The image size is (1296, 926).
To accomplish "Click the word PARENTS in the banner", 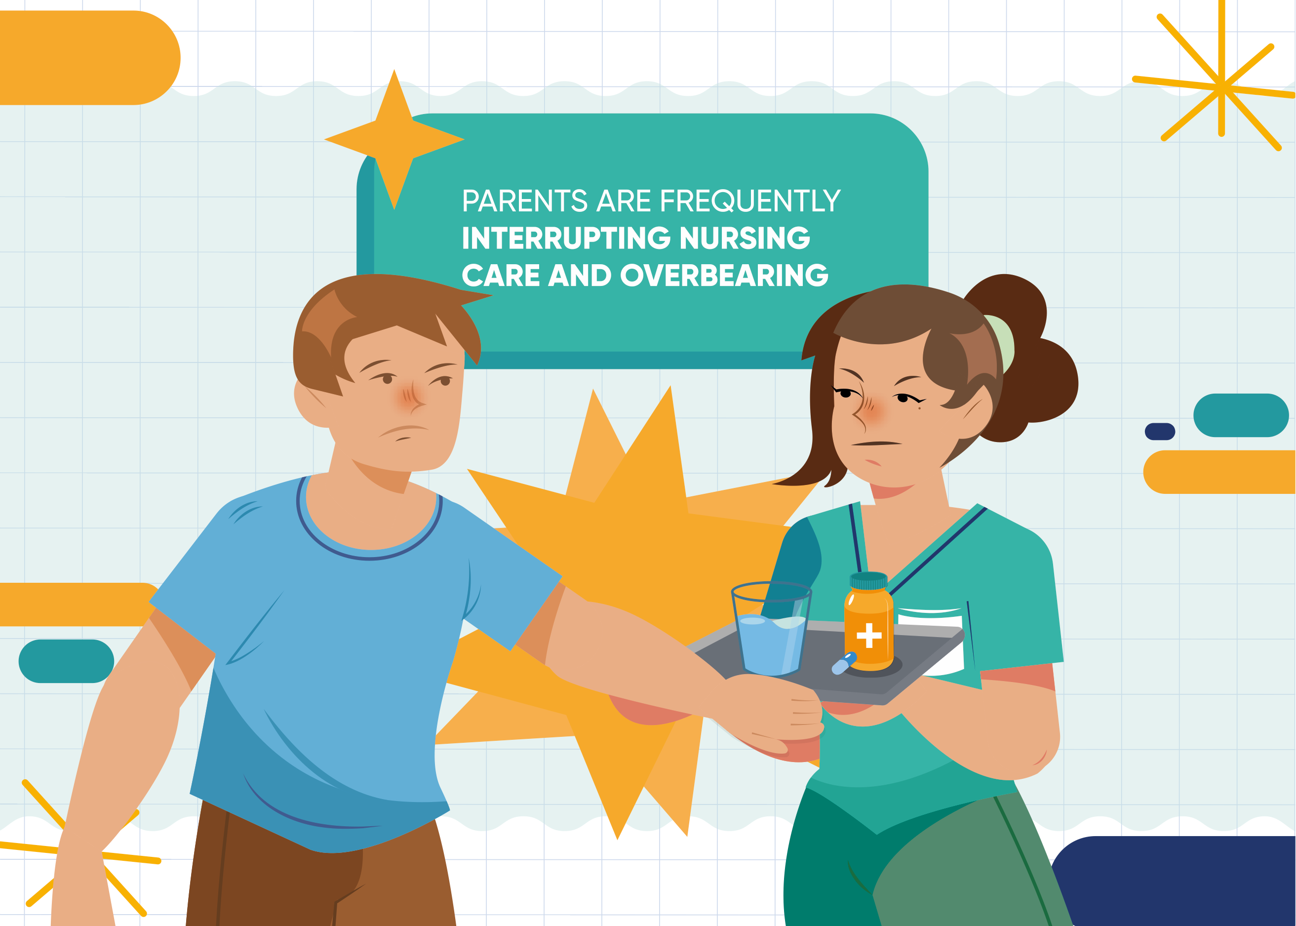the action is (x=524, y=201).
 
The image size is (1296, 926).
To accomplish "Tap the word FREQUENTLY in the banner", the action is (x=750, y=201).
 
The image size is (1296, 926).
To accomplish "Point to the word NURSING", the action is (x=745, y=239).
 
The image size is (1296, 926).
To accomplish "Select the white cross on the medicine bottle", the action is (x=869, y=635).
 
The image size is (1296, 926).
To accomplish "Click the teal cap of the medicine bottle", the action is (x=868, y=580).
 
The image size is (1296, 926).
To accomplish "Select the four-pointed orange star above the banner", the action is (x=394, y=139).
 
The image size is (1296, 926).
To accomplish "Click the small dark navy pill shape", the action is (x=1160, y=432).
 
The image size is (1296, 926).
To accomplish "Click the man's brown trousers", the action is (x=319, y=867).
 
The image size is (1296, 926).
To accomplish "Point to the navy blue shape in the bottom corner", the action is (x=1174, y=882).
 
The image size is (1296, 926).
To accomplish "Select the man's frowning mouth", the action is (x=403, y=431).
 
